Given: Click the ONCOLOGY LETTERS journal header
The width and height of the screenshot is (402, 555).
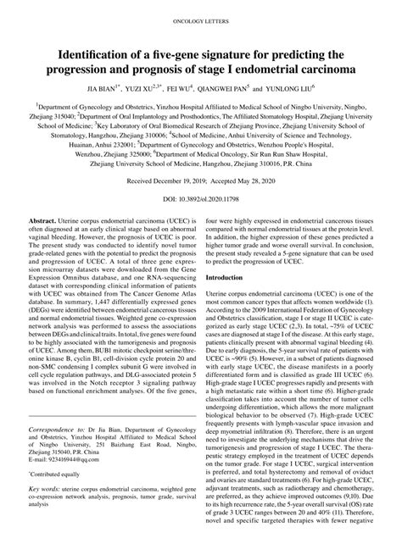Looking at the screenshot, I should [x=201, y=18].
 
